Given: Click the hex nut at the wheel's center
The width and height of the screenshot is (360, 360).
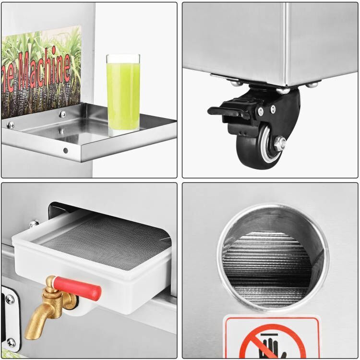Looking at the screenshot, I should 279,143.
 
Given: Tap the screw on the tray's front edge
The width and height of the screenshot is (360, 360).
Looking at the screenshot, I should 66,150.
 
